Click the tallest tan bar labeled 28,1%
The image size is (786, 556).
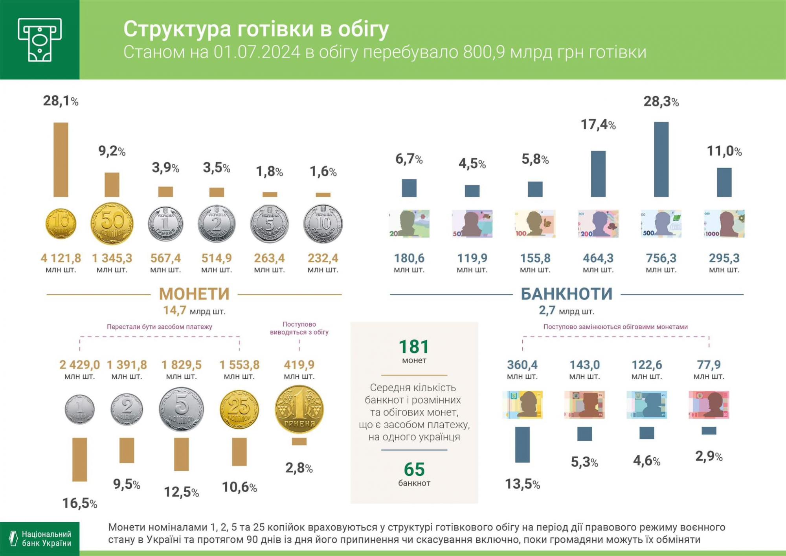61,159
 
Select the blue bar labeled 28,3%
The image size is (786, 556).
661,159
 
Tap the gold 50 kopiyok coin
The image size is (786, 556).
112,224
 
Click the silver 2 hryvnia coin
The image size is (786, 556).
217,224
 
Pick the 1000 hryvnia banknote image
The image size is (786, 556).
724,224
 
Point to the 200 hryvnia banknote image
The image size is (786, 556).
598,224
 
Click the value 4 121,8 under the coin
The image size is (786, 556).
61,258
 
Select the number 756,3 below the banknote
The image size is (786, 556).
661,258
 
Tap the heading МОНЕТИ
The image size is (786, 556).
194,294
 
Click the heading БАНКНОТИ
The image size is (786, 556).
566,294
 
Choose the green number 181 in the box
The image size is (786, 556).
414,347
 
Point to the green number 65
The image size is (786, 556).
414,469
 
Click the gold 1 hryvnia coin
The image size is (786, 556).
299,409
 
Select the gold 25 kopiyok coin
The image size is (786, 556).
239,409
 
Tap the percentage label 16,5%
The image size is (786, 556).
80,503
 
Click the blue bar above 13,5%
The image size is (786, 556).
522,444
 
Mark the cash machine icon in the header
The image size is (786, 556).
40,40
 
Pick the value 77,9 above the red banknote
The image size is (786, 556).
709,365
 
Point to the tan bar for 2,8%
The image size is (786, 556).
299,442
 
